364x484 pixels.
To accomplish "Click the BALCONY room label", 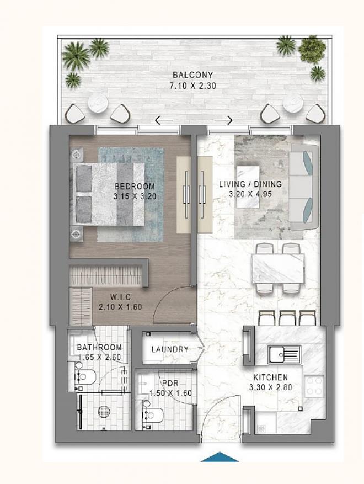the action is pyautogui.click(x=193, y=75).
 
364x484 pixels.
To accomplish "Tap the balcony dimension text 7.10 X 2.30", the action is pyautogui.click(x=193, y=86).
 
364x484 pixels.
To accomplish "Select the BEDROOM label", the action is pyautogui.click(x=135, y=187).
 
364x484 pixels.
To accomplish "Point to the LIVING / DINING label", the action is pyautogui.click(x=250, y=184).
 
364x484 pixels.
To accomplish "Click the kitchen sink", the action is pyautogui.click(x=284, y=355).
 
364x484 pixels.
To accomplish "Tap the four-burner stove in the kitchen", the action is pyautogui.click(x=314, y=386).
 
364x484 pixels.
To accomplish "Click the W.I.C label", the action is pyautogui.click(x=121, y=297).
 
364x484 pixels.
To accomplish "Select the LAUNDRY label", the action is pyautogui.click(x=170, y=349).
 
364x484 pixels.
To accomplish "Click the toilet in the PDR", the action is pyautogui.click(x=153, y=415).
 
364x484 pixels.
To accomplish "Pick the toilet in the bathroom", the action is pyautogui.click(x=85, y=377).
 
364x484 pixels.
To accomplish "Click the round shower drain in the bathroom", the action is pyautogui.click(x=104, y=412).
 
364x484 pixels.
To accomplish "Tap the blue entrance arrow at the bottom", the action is pyautogui.click(x=220, y=457).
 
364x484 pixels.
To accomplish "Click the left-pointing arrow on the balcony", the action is pyautogui.click(x=164, y=120).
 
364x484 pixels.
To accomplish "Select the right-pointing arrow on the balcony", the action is pyautogui.click(x=223, y=120).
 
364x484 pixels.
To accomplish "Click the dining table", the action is pyautogui.click(x=279, y=269).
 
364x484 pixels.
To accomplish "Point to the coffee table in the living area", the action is pyautogui.click(x=248, y=187).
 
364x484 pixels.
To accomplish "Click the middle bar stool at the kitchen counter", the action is pyautogui.click(x=287, y=318).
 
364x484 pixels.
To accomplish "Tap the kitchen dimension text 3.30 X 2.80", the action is pyautogui.click(x=271, y=387).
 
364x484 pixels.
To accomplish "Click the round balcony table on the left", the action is pyautogui.click(x=98, y=103).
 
